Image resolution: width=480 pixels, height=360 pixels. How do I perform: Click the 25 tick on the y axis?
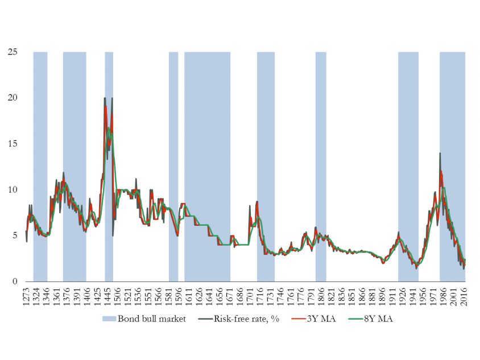(13, 52)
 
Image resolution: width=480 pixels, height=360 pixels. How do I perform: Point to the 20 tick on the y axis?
(13, 98)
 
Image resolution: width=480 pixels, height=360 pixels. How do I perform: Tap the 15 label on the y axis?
(13, 143)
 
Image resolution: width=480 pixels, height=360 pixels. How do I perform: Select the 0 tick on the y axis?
(15, 282)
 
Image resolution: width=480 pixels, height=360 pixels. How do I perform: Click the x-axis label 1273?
(26, 296)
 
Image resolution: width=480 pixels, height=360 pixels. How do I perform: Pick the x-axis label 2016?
(464, 296)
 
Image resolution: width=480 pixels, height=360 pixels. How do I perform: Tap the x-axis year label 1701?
(250, 296)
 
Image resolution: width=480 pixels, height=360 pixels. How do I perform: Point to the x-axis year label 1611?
(189, 296)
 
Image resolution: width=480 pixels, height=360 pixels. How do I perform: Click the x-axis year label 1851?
(351, 296)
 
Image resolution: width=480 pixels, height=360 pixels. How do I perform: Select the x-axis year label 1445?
(107, 296)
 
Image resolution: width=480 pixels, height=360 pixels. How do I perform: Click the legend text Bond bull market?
(152, 319)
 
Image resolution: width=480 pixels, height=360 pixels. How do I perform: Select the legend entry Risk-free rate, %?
(246, 319)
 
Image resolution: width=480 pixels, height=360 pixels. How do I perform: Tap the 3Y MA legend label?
(321, 319)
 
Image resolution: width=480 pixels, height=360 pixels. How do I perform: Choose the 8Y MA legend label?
(378, 319)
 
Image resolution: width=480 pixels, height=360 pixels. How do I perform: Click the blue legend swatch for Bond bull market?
(109, 319)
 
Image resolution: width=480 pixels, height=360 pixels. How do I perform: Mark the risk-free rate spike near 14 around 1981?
(440, 153)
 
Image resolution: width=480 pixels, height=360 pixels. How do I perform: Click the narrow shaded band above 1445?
(109, 167)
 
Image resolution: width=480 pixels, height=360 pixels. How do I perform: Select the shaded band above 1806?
(321, 167)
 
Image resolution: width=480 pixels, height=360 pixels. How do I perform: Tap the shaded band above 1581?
(173, 167)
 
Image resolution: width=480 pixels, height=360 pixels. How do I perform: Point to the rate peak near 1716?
(257, 202)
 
